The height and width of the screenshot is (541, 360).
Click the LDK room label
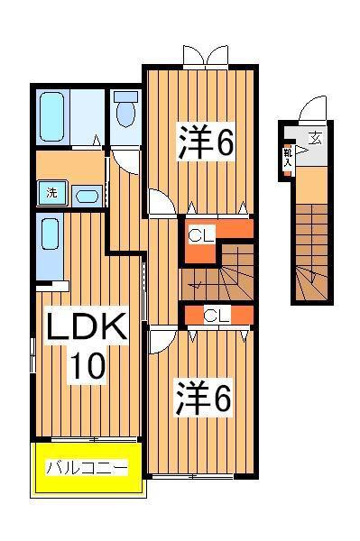click(x=87, y=326)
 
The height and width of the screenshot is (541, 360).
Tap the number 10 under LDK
click(x=88, y=366)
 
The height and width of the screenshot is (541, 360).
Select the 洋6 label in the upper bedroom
click(x=206, y=142)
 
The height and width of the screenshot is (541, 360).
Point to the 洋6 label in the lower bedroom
click(x=203, y=399)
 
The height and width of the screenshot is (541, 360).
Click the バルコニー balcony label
click(x=87, y=467)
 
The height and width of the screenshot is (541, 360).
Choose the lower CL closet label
click(x=217, y=315)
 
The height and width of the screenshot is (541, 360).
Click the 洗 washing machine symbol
click(x=51, y=193)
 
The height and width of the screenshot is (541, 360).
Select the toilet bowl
click(x=125, y=115)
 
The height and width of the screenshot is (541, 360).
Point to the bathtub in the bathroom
click(x=52, y=117)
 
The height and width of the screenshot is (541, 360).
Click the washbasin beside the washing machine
click(x=87, y=197)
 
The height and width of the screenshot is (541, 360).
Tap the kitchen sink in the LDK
click(x=50, y=234)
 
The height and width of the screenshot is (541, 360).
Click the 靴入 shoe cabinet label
click(x=288, y=158)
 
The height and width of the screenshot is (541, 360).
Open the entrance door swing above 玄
click(x=312, y=109)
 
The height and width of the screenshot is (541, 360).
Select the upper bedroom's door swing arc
click(x=162, y=202)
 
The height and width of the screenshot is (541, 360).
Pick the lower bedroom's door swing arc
click(x=162, y=342)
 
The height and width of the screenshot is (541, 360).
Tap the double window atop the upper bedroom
click(x=206, y=56)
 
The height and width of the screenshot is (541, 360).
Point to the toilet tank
click(x=125, y=96)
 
